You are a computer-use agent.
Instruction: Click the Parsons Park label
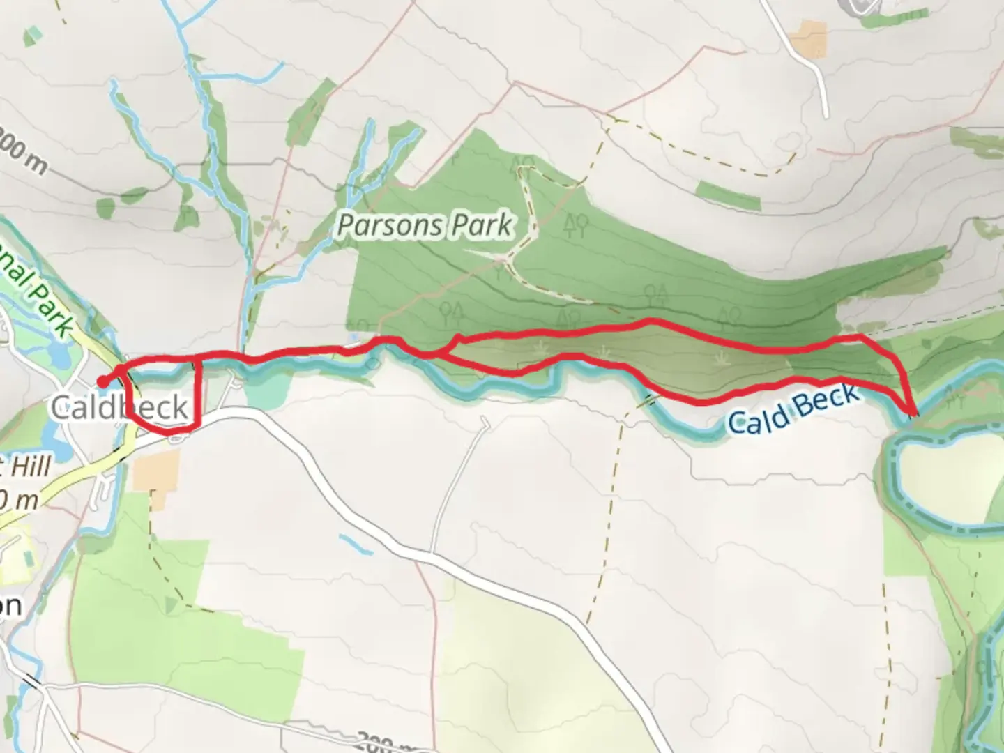pyautogui.click(x=425, y=225)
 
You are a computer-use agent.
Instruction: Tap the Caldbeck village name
pyautogui.click(x=119, y=408)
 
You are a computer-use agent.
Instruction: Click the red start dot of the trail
pyautogui.click(x=102, y=381)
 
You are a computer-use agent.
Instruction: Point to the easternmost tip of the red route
pyautogui.click(x=913, y=412)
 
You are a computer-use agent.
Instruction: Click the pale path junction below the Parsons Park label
pyautogui.click(x=503, y=260)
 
